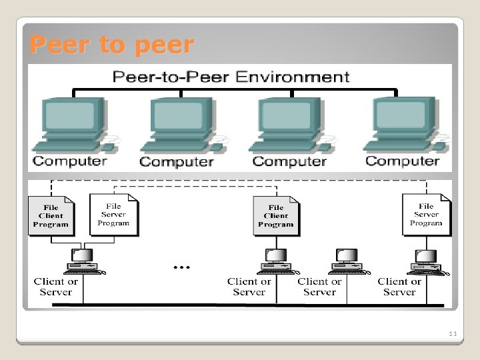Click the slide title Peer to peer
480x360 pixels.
tap(112, 45)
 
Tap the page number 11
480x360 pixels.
tap(453, 333)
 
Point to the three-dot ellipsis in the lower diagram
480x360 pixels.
tap(181, 267)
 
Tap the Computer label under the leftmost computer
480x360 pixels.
tap(69, 161)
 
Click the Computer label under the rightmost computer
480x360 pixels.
tap(403, 161)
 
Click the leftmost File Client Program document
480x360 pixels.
tap(51, 215)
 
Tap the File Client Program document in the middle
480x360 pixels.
tap(275, 215)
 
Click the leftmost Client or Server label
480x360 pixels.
tap(56, 287)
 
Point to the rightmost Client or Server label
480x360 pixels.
tap(399, 287)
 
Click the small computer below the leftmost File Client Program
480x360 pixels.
tap(83, 261)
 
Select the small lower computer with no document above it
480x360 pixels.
tap(347, 261)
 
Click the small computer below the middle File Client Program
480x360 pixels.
tap(275, 261)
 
